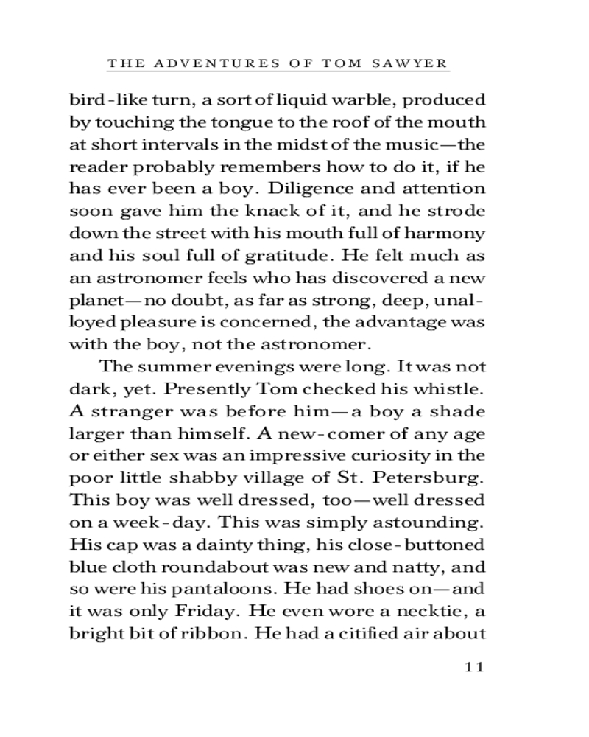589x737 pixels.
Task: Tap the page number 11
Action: pos(473,667)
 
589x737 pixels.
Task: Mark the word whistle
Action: pos(449,388)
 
